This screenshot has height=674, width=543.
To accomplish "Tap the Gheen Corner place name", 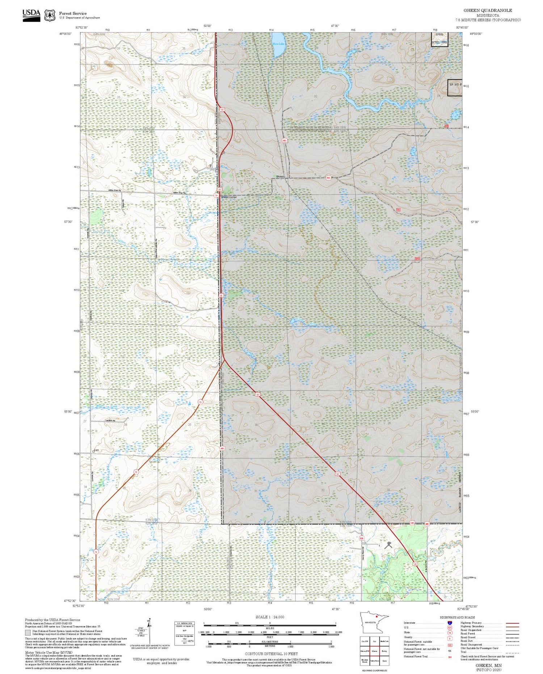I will [229, 197].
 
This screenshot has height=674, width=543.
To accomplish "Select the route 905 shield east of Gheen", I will [328, 178].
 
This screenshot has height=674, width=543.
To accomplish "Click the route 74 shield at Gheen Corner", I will [216, 195].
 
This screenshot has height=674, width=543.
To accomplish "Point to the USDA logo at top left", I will [31, 15].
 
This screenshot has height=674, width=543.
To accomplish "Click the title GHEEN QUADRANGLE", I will [488, 10].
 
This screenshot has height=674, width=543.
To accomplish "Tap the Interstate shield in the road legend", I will [450, 623].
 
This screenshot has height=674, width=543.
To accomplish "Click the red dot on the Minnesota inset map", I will [376, 616].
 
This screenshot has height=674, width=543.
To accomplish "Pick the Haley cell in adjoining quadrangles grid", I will [384, 651].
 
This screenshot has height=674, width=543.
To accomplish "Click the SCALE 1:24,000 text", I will [270, 617].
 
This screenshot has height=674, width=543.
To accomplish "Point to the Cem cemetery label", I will [96, 450].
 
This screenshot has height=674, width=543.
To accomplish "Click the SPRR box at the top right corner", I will [439, 35].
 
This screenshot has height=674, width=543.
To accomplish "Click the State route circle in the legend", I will [450, 633].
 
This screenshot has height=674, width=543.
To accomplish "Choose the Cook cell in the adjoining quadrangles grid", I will [384, 661].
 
